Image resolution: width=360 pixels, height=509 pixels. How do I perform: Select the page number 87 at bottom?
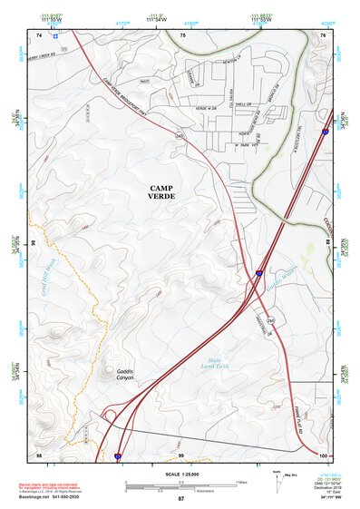[180, 499]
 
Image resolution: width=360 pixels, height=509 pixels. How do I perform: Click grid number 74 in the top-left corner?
[39, 34]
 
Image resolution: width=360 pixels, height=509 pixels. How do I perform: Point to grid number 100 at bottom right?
[324, 454]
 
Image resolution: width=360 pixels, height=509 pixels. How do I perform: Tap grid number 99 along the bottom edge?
[180, 454]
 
